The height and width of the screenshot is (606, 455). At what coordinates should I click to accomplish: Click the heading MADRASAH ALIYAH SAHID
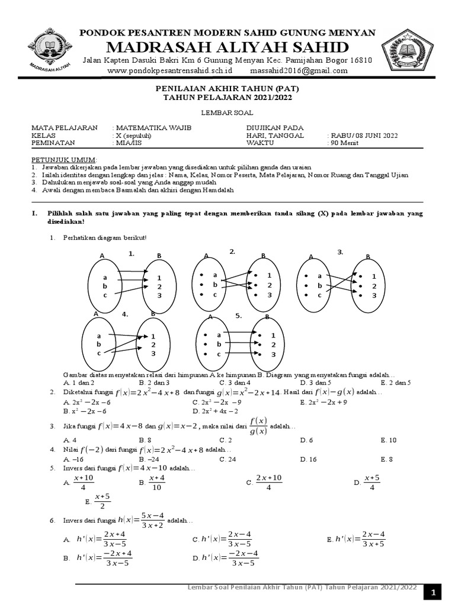pyautogui.click(x=227, y=47)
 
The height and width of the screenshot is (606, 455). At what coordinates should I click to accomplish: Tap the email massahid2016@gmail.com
pyautogui.click(x=300, y=70)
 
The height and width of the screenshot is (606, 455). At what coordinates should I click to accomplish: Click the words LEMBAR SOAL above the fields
pyautogui.click(x=227, y=112)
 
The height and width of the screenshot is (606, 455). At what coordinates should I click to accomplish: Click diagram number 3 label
pyautogui.click(x=341, y=252)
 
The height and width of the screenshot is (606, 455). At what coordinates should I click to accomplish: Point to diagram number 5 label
pyautogui.click(x=239, y=316)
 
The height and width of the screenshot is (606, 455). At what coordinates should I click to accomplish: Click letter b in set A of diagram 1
pyautogui.click(x=104, y=286)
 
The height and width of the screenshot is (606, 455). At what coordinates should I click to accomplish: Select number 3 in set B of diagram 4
pyautogui.click(x=153, y=353)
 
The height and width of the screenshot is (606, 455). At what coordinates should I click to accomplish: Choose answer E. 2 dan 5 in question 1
pyautogui.click(x=396, y=383)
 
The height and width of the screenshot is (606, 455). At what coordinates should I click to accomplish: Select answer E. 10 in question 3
pyautogui.click(x=389, y=440)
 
